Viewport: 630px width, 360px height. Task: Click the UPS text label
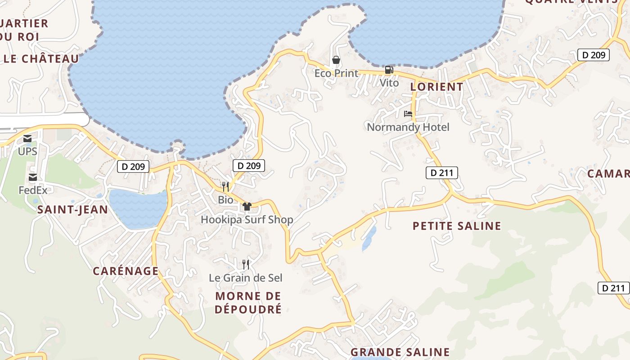tap(27, 152)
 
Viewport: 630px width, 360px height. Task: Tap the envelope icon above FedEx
tap(32, 177)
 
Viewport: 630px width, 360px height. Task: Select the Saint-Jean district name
tap(72, 209)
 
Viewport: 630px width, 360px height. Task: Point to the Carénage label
tap(126, 271)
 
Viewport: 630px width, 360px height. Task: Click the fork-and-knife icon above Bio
tap(225, 186)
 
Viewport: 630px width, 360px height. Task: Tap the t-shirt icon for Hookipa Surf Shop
tap(247, 207)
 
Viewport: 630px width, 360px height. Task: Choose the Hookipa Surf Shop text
tap(247, 220)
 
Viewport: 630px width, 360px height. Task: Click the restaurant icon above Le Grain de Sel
tap(246, 264)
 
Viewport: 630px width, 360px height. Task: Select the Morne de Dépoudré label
tap(248, 302)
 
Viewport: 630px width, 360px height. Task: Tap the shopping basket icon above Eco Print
tap(336, 60)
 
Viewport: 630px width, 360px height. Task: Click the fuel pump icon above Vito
tap(389, 70)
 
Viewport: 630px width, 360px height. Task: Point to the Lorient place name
tap(436, 87)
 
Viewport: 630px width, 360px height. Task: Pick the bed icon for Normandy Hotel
tap(408, 114)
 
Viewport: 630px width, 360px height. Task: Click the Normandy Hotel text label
tap(408, 127)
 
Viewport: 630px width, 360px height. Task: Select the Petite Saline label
tap(457, 226)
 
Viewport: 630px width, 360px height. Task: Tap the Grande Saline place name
tap(400, 352)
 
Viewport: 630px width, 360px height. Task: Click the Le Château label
tap(41, 59)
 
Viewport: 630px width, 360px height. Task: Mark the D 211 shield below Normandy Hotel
tap(441, 173)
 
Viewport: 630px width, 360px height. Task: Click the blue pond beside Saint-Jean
tap(137, 208)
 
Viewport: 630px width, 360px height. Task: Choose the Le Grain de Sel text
tap(246, 278)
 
